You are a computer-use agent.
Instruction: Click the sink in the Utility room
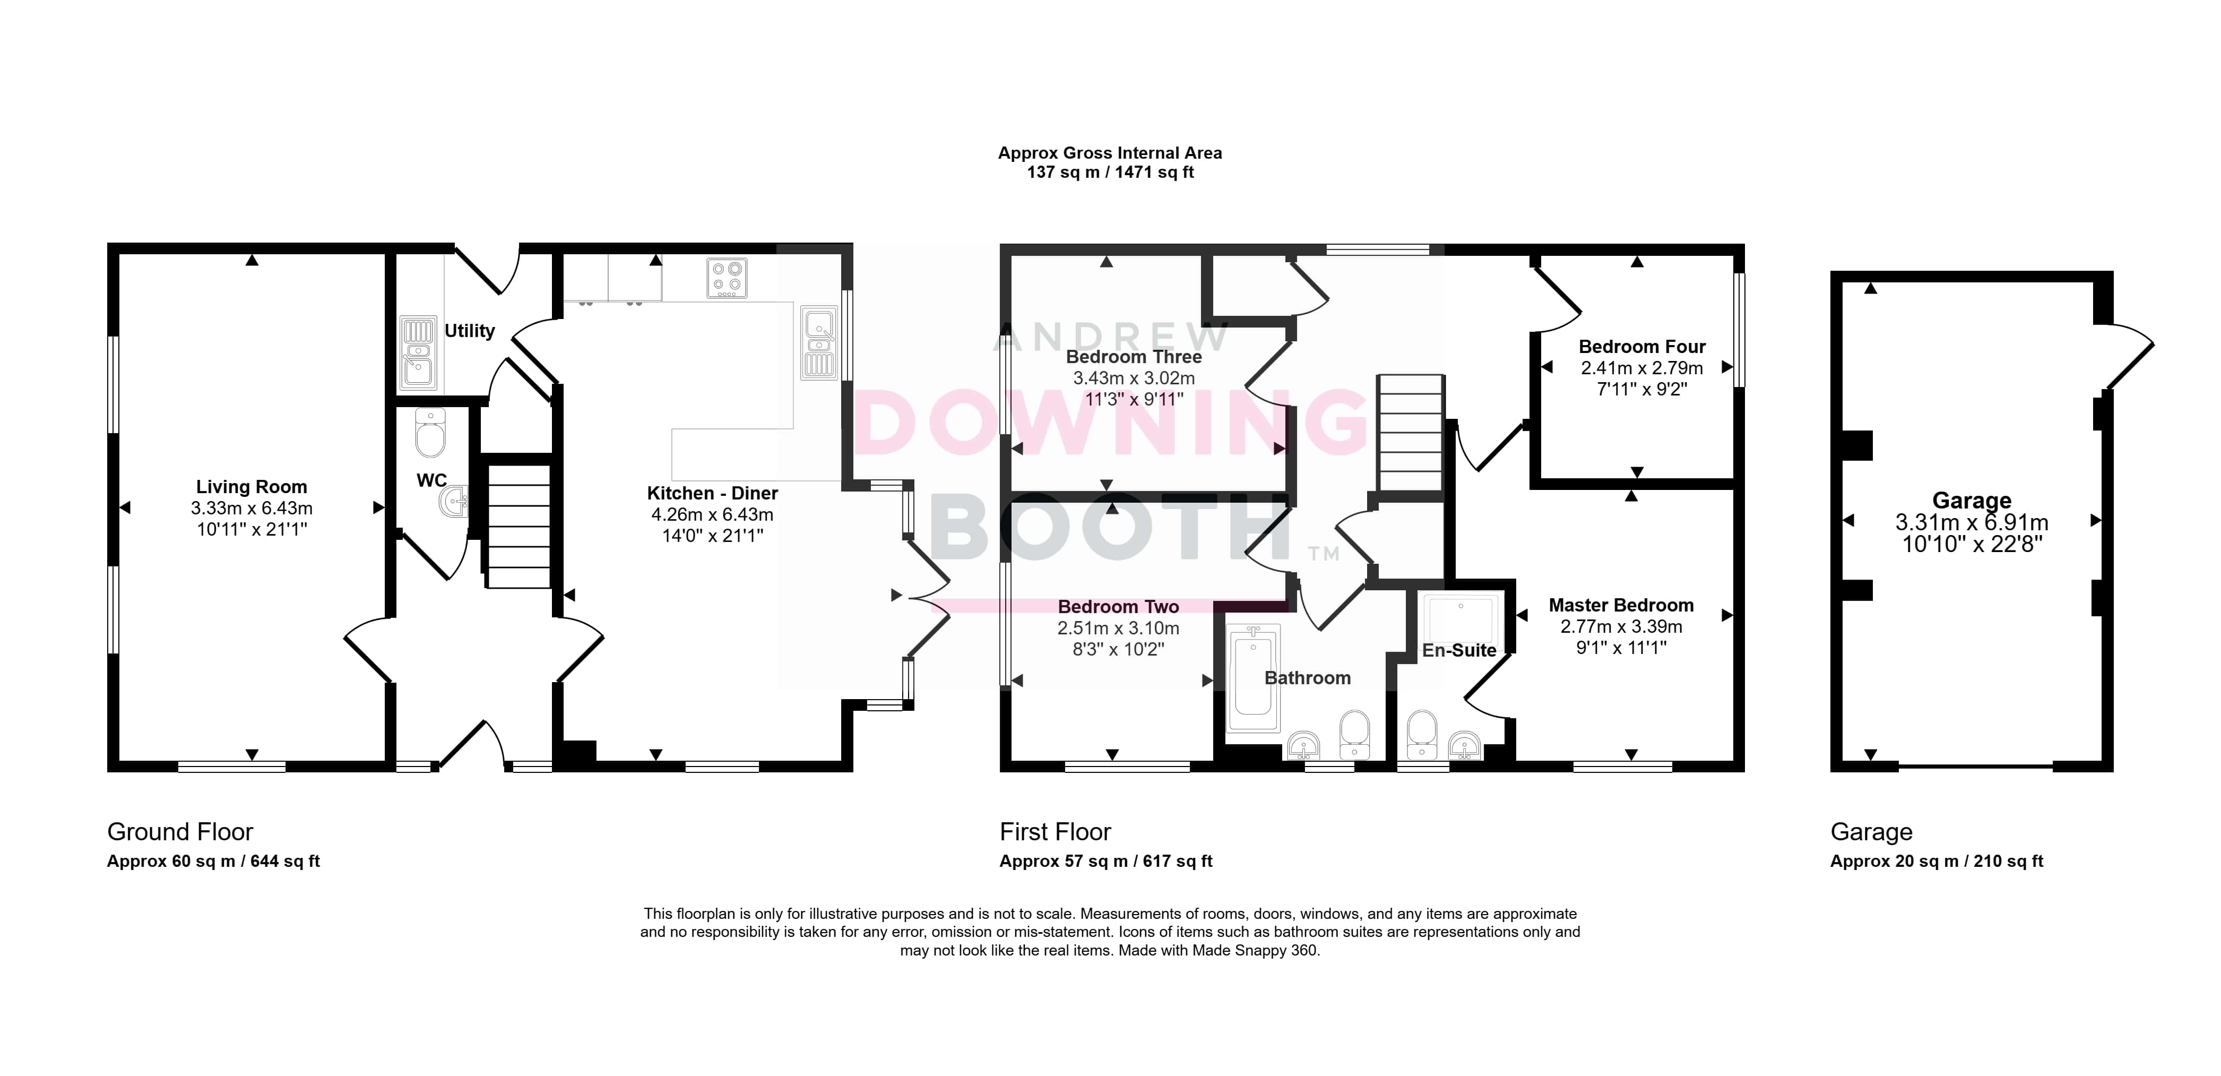pyautogui.click(x=419, y=352)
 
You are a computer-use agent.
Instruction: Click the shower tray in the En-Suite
pyautogui.click(x=1462, y=621)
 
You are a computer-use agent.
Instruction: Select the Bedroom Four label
pyautogui.click(x=1641, y=347)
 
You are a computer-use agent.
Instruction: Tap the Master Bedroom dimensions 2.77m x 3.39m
pyautogui.click(x=1621, y=627)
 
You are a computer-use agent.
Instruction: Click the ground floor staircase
pyautogui.click(x=519, y=527)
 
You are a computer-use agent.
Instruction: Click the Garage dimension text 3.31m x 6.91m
pyautogui.click(x=1972, y=522)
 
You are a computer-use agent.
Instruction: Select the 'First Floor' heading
pyautogui.click(x=1056, y=832)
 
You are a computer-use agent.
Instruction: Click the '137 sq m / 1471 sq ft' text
pyautogui.click(x=1110, y=173)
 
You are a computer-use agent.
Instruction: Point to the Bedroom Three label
pyautogui.click(x=1134, y=357)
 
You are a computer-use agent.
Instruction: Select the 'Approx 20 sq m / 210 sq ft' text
pyautogui.click(x=1937, y=862)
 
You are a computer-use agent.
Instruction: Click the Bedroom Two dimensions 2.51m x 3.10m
pyautogui.click(x=1118, y=629)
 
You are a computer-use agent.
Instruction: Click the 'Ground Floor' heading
pyautogui.click(x=180, y=832)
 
